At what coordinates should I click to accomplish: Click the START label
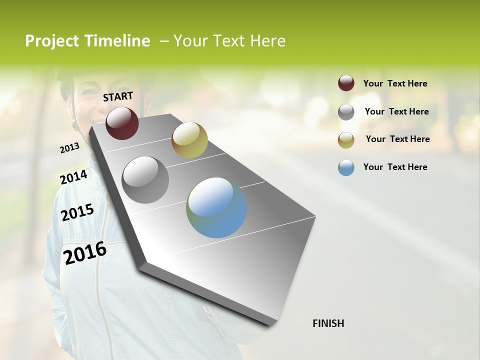click(x=118, y=96)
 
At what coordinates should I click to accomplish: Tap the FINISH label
click(x=328, y=323)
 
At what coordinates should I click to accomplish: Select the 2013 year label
click(x=69, y=147)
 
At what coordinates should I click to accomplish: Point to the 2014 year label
click(x=73, y=177)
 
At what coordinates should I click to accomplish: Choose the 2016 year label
click(x=85, y=253)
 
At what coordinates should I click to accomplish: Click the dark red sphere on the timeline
click(x=122, y=123)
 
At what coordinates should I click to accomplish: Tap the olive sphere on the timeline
click(x=189, y=140)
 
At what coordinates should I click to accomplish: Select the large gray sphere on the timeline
click(x=145, y=179)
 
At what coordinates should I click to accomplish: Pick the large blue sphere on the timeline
click(x=216, y=207)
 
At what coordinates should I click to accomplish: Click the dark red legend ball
click(x=346, y=83)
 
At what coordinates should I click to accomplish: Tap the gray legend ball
click(x=346, y=112)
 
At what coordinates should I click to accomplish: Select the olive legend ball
click(x=346, y=140)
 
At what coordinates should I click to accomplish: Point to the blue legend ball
click(x=346, y=167)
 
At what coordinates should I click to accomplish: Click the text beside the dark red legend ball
click(x=395, y=83)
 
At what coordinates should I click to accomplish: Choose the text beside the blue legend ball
click(x=395, y=167)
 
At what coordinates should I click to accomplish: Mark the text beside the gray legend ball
click(x=396, y=111)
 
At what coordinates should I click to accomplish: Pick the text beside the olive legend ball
click(x=397, y=139)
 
